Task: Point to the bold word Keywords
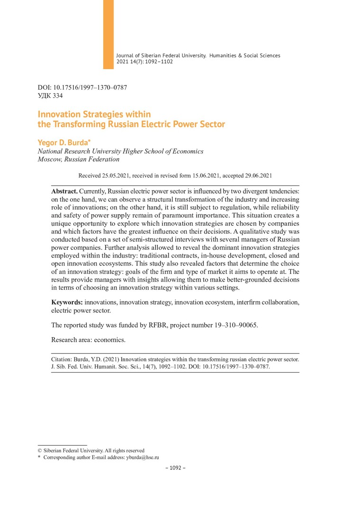click(x=67, y=302)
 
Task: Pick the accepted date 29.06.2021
click(x=256, y=175)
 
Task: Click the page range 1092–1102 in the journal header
click(x=160, y=62)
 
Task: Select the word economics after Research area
click(x=111, y=340)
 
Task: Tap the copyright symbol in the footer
click(x=40, y=450)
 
